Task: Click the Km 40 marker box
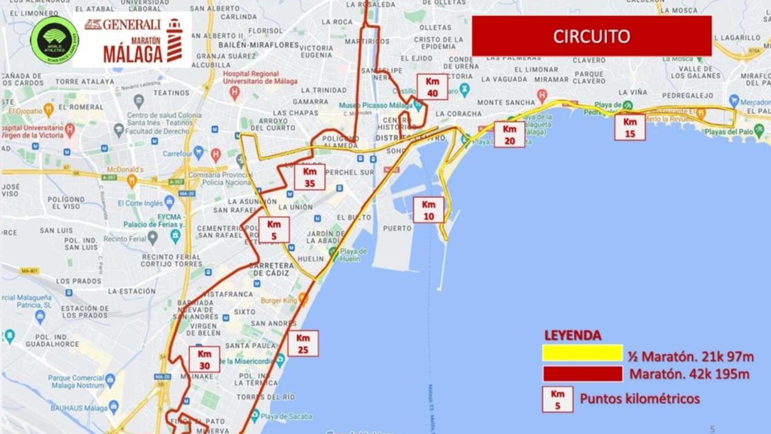(432, 87)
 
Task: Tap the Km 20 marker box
(509, 135)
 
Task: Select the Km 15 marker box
(630, 128)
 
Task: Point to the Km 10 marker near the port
(428, 210)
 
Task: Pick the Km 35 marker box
(309, 177)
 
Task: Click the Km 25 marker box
(303, 343)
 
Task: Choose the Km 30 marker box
(204, 360)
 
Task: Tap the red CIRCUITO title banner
(591, 36)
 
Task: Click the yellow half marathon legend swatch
(583, 353)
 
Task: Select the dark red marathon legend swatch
(583, 374)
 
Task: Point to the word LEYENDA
(572, 336)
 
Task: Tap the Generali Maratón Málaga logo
(132, 41)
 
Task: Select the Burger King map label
(279, 300)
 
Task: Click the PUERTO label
(397, 228)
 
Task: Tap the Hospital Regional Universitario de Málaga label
(251, 78)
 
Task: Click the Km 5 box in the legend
(558, 399)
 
